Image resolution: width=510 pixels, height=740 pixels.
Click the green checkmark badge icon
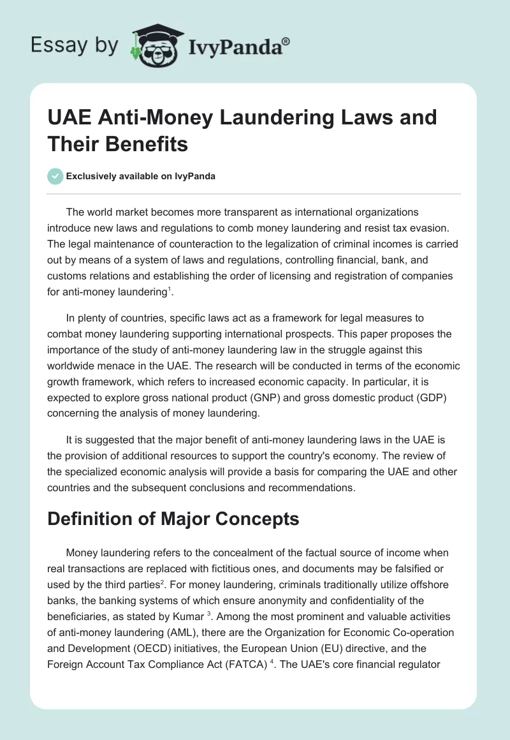click(55, 176)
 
